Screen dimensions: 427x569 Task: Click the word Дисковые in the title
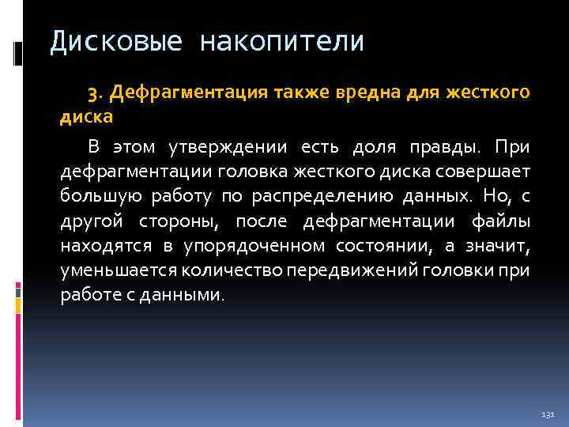107,41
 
